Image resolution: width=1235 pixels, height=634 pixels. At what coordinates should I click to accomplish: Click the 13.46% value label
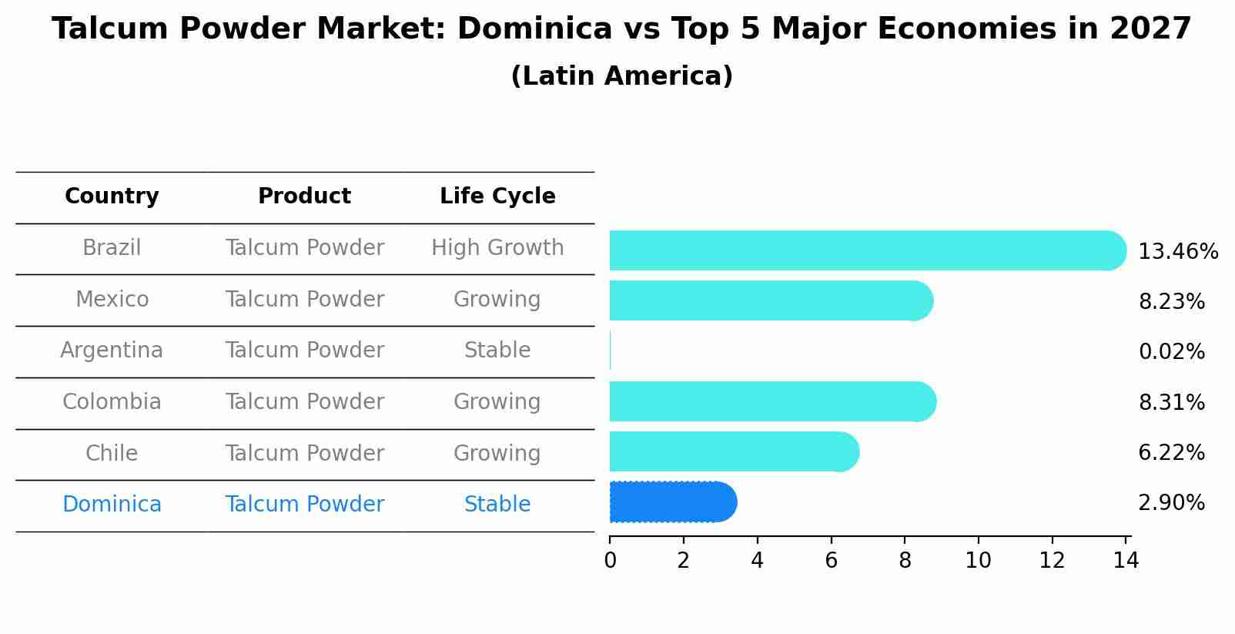1177,252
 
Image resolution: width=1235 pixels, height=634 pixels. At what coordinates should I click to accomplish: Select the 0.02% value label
1171,352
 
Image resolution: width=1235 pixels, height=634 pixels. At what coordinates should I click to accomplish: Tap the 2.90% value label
1171,503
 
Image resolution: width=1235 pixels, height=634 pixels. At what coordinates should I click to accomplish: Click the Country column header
112,196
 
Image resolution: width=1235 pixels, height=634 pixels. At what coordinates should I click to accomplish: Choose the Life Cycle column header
497,196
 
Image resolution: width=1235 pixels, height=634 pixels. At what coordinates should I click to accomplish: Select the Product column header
304,196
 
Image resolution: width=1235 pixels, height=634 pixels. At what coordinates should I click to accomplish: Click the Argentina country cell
112,351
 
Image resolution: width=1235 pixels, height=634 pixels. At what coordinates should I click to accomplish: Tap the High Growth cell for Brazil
497,248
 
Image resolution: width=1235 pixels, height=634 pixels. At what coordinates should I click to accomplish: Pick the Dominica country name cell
112,505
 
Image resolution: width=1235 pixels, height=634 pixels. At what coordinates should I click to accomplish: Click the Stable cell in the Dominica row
497,505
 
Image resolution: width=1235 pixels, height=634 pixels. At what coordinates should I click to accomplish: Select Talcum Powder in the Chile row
304,453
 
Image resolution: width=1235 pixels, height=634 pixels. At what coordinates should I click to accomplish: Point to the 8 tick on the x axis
905,560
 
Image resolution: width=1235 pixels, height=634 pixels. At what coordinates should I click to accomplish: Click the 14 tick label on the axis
1125,560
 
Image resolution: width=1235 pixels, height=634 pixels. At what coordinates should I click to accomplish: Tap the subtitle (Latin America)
621,76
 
